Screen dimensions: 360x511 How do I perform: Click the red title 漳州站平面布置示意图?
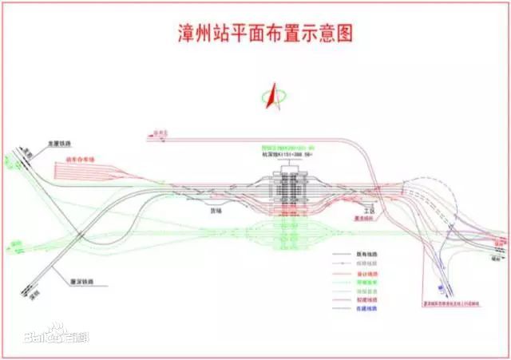263,34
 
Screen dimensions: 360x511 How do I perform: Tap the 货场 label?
215,211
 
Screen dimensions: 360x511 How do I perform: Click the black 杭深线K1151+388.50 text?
286,154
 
